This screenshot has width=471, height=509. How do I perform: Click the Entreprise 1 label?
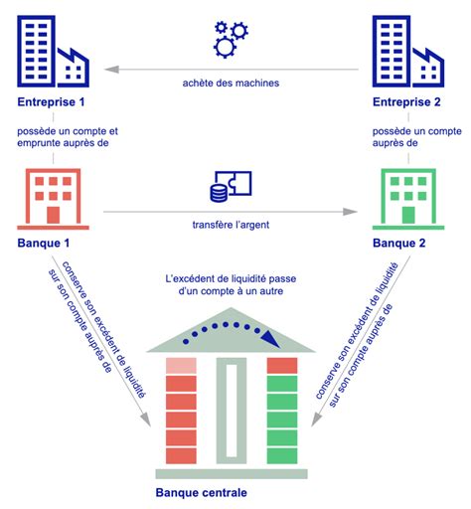pos(51,101)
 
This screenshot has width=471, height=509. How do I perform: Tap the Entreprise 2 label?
pos(406,101)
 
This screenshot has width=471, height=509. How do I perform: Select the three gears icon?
pos(231,40)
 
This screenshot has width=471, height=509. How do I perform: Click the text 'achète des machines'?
pos(231,83)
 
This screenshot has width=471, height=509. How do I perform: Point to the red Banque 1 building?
pos(53,199)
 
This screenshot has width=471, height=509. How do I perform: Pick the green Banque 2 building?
pos(408,199)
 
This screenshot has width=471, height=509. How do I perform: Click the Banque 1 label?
pos(44,243)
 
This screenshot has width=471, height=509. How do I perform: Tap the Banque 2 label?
pos(398,243)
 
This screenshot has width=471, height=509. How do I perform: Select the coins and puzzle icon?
pos(231,186)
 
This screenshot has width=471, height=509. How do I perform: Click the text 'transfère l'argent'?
pos(231,225)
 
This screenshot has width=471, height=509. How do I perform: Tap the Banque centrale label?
pos(202,492)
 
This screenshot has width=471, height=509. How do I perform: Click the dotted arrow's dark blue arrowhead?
pos(271,339)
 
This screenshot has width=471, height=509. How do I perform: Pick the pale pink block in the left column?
pos(181,366)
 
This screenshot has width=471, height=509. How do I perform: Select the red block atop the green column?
pos(282,366)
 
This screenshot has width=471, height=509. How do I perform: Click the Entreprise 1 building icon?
pos(53,52)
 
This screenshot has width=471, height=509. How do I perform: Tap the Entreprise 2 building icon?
pos(408,52)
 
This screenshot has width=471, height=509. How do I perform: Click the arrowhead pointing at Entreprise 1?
pos(111,70)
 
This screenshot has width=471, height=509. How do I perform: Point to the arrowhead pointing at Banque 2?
pos(350,212)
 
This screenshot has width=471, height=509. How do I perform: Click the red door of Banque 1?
pos(53,215)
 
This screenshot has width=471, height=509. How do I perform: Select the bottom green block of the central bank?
pos(282,455)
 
